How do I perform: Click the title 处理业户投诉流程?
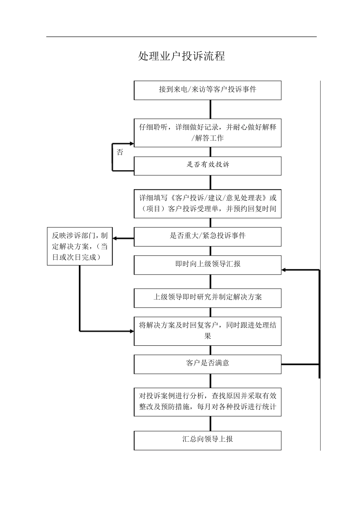(x=182, y=56)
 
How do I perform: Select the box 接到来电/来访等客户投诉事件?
(x=207, y=90)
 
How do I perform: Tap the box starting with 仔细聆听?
(x=207, y=133)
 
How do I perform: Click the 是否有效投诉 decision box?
(x=207, y=166)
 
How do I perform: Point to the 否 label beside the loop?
(x=120, y=153)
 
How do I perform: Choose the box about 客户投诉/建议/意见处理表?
(x=207, y=203)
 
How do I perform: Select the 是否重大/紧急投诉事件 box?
(x=207, y=236)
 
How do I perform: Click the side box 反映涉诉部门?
(x=80, y=246)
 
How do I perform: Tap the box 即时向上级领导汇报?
(x=207, y=265)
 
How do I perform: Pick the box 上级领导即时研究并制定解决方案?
(x=207, y=298)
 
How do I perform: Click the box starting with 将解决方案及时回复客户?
(x=207, y=331)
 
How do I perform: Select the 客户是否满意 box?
(x=207, y=364)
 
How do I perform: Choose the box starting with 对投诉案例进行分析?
(x=207, y=402)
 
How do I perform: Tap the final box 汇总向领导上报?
(x=207, y=440)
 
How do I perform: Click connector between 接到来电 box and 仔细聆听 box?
(x=210, y=109)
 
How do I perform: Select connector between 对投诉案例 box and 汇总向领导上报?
(x=210, y=423)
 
